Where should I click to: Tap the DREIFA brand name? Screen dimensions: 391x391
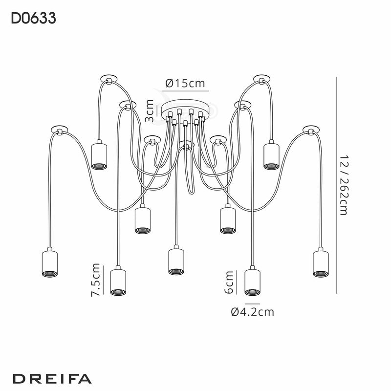coord(51,379)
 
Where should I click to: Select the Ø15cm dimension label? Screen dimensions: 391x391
coord(185,83)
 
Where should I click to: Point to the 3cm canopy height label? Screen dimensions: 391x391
coord(150,111)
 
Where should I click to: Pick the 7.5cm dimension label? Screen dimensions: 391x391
coord(96,280)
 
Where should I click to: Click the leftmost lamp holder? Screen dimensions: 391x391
coord(49,264)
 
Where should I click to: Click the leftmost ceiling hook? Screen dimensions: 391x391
coord(59,130)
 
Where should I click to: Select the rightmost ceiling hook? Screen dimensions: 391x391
coord(310,130)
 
